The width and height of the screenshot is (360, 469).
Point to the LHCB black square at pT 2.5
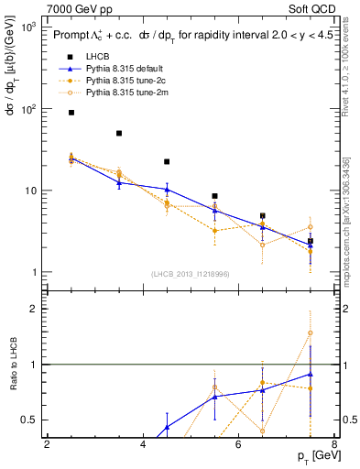pos(71,113)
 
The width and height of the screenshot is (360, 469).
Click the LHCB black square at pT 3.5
pos(119,134)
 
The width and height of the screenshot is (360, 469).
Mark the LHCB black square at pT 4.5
pos(167,161)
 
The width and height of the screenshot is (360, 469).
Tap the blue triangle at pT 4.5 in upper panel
pos(167,190)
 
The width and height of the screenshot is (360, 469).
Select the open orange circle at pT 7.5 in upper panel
pos(311,227)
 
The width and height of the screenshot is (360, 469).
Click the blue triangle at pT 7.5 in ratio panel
pos(311,374)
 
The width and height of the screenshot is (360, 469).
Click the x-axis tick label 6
pos(238,445)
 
